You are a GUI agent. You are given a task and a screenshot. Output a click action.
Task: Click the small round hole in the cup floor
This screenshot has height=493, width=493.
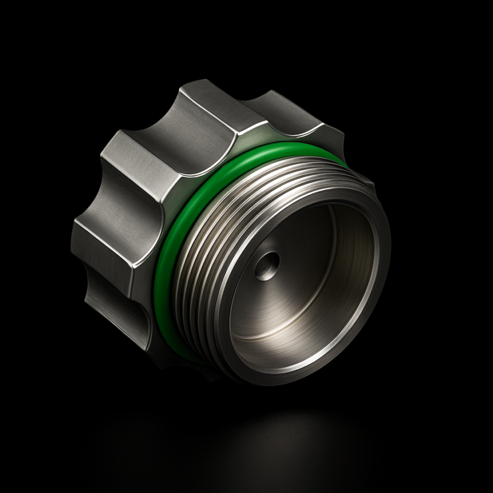click(267, 266)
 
